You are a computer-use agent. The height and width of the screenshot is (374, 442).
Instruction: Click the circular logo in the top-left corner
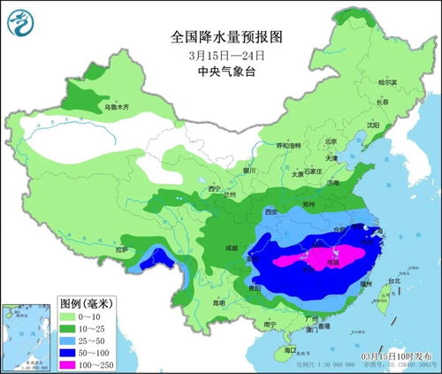pos(19,19)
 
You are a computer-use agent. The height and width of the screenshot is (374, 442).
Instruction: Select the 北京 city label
pos(331,141)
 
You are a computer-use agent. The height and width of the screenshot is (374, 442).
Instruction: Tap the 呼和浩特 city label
pos(289,145)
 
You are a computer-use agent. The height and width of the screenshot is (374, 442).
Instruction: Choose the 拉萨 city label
pos(123,250)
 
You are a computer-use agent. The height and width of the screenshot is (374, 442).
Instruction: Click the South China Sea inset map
pos(23,334)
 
